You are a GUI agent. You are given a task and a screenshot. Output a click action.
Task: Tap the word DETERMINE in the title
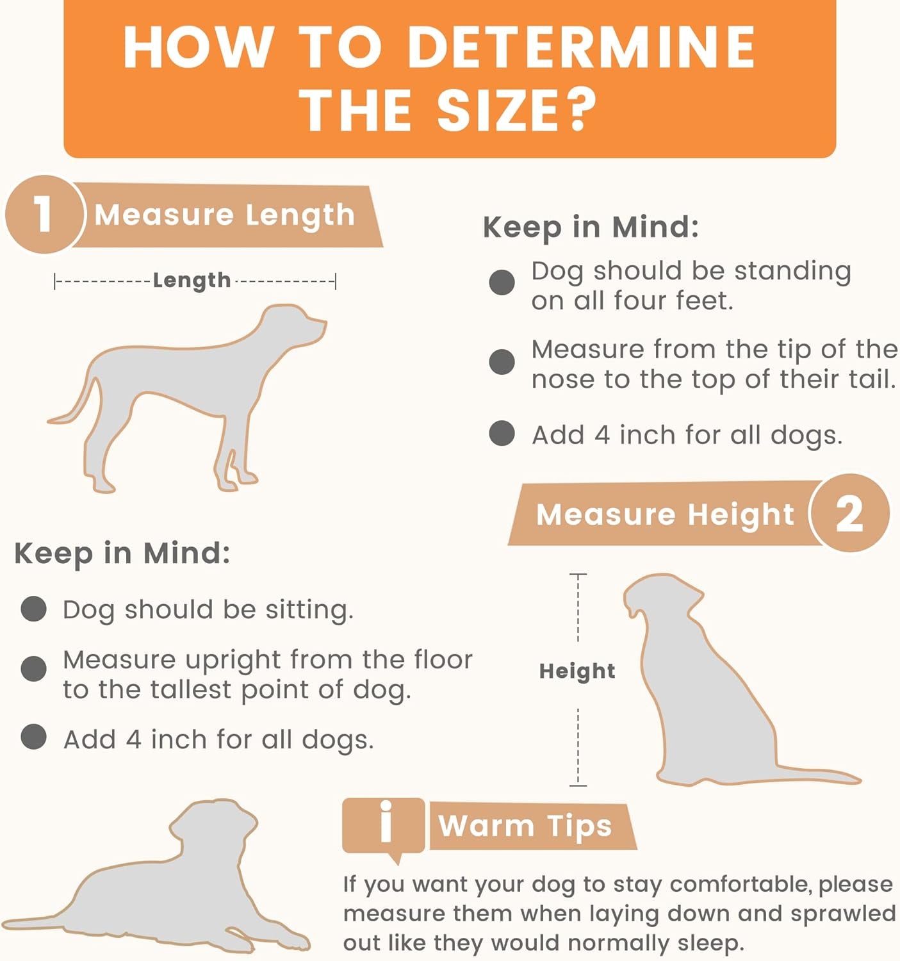(581, 47)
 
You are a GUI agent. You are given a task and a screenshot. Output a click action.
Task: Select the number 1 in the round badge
(43, 215)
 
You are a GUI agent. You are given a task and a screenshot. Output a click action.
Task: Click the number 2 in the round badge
(849, 515)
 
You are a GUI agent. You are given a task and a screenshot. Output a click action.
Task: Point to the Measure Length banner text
(224, 215)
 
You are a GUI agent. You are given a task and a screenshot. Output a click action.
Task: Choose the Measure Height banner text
(666, 514)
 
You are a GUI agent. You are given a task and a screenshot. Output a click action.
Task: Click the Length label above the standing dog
(192, 281)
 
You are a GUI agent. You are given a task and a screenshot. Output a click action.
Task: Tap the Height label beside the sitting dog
(577, 671)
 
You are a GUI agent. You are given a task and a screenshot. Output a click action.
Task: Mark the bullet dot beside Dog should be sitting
(34, 609)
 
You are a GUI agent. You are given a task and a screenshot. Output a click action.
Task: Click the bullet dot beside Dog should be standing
(502, 282)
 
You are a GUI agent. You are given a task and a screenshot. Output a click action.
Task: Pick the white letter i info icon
(386, 821)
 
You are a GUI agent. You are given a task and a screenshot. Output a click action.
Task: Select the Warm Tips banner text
(525, 826)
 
